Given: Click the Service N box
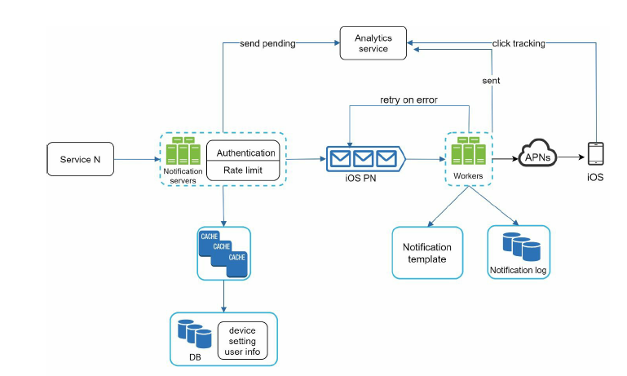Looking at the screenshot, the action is point(81,159).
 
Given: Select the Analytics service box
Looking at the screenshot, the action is point(373,43).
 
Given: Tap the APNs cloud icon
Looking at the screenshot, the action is point(537,153).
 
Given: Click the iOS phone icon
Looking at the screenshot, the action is point(595,153).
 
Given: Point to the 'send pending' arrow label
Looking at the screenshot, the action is point(267,43).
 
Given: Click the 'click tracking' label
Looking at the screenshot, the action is point(519,43).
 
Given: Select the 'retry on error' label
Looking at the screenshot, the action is point(408,100).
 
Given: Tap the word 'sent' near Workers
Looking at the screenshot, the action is point(491,81).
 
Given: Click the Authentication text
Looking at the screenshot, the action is point(246,153).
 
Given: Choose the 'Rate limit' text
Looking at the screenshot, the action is point(243,170).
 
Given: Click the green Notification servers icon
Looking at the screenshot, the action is point(183,151).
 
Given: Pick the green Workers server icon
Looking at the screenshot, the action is point(468,151).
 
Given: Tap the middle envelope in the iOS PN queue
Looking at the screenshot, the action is point(363,159).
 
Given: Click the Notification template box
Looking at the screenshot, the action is point(427,253).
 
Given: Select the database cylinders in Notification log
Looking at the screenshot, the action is point(522,246).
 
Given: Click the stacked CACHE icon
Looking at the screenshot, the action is point(223,254).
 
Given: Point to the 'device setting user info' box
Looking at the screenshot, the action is point(242,341).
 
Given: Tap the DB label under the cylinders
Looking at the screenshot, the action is point(195,357).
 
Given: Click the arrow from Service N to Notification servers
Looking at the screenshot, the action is point(137,159).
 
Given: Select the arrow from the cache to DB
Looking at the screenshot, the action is point(223,296).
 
